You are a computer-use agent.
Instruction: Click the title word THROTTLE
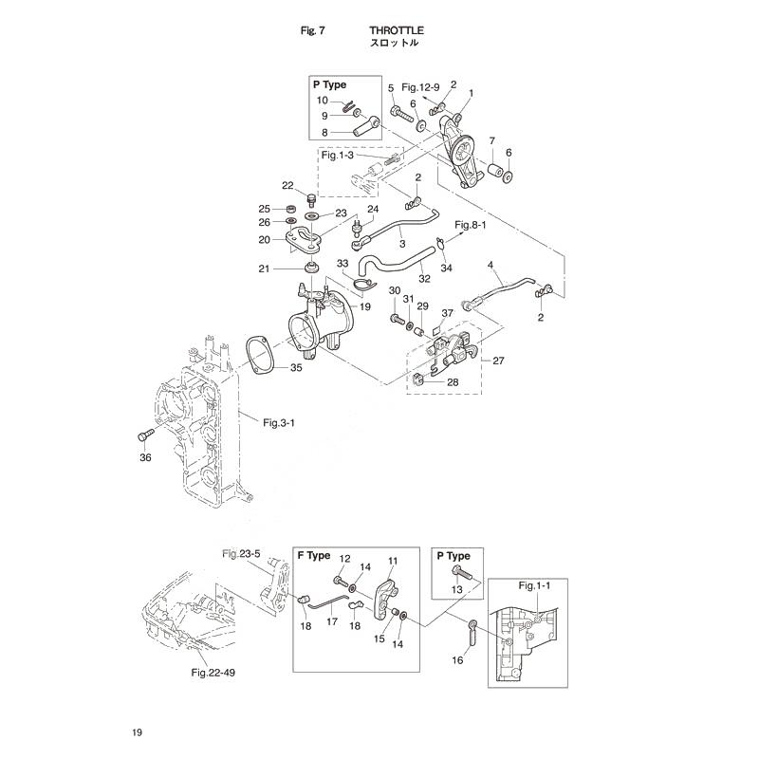click(397, 30)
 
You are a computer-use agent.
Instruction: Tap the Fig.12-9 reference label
click(420, 87)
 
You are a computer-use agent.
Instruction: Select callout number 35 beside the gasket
click(296, 368)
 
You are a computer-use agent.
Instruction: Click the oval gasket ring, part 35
click(261, 357)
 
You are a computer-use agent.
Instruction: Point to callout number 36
click(145, 457)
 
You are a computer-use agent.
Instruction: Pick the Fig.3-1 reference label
click(279, 423)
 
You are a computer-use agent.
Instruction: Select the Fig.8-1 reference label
click(470, 225)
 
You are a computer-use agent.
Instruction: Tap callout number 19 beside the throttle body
click(365, 306)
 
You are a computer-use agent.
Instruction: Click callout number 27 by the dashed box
click(498, 361)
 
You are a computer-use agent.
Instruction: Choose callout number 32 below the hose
click(424, 279)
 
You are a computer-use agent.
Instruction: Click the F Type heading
click(314, 556)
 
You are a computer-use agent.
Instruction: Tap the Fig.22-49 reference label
click(213, 673)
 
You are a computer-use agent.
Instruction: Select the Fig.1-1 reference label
click(534, 585)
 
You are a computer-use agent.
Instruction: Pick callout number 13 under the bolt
click(457, 589)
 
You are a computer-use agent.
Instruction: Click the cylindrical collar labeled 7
click(493, 173)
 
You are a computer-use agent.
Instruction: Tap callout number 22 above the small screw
click(287, 185)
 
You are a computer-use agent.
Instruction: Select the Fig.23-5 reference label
click(241, 553)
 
